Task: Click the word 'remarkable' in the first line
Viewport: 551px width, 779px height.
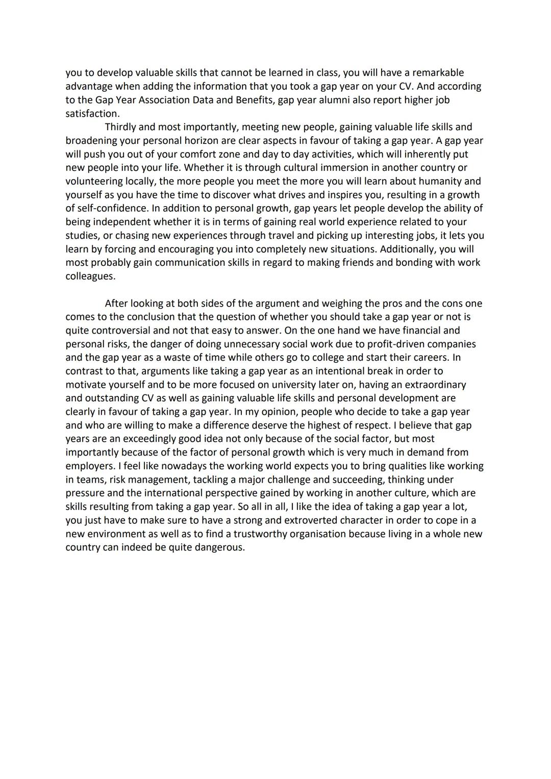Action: pos(438,72)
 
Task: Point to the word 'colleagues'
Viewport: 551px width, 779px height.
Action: pos(90,276)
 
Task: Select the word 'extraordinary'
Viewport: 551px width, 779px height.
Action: pos(434,385)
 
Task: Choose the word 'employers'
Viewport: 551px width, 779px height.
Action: pos(89,466)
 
